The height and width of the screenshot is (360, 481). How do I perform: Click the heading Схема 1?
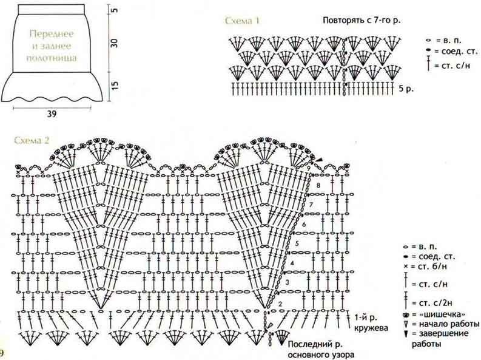click(x=243, y=21)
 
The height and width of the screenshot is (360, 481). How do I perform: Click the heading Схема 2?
click(x=32, y=140)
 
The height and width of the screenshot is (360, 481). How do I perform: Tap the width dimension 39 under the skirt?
click(x=52, y=114)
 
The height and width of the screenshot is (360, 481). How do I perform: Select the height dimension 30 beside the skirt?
click(x=114, y=42)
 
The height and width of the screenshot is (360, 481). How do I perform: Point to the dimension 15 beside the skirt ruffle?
click(x=114, y=86)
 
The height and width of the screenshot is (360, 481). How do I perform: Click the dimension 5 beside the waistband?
click(x=114, y=10)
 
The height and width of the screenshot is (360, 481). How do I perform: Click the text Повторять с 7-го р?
click(x=362, y=21)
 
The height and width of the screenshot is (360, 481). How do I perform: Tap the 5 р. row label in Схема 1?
click(x=406, y=89)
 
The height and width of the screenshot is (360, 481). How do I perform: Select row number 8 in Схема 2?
click(x=318, y=185)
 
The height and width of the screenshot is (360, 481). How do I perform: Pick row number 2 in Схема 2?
click(x=280, y=304)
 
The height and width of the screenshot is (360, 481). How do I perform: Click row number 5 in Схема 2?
click(x=297, y=243)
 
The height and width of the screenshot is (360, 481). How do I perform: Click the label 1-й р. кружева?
click(x=371, y=322)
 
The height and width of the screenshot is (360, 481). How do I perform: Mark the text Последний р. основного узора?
click(x=321, y=350)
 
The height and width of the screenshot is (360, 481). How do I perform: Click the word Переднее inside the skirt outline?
click(x=52, y=33)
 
